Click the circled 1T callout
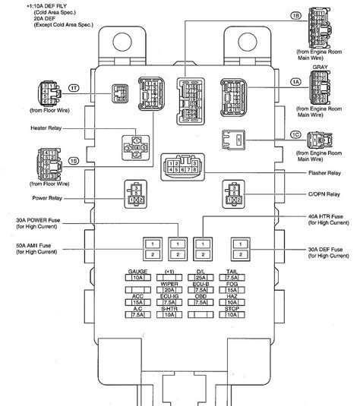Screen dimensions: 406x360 74,90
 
